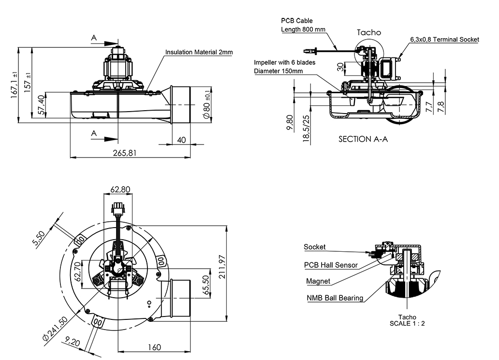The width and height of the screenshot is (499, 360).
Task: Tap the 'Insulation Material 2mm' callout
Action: [199, 52]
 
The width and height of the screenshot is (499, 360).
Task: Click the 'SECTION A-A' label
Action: [363, 139]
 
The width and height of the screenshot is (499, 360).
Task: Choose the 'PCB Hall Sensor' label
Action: [331, 265]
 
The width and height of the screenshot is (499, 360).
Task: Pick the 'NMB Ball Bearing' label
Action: [335, 298]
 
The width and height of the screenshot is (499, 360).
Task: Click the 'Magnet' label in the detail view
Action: [318, 281]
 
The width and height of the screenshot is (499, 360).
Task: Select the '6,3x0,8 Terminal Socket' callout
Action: [444, 39]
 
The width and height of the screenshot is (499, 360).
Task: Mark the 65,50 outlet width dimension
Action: [205, 285]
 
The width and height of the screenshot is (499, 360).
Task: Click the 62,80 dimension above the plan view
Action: [120, 190]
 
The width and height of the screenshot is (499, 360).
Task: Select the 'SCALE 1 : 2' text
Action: [407, 323]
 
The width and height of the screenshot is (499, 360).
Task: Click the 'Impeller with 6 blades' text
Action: [285, 63]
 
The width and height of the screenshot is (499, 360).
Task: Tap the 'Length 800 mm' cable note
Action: [303, 29]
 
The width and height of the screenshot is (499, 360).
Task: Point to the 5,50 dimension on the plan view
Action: [40, 239]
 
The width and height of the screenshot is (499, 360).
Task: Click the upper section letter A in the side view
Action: [94, 37]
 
